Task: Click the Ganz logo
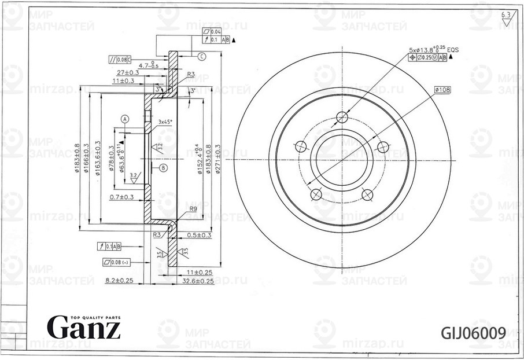84,328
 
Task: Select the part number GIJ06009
474,333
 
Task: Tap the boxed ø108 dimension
443,90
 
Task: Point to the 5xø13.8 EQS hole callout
429,51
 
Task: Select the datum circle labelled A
124,119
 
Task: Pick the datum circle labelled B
163,168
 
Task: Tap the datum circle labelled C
201,56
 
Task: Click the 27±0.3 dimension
127,72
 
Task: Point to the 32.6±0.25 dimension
198,281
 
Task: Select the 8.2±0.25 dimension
120,281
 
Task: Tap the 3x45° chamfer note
166,122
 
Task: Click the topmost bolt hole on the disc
342,116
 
